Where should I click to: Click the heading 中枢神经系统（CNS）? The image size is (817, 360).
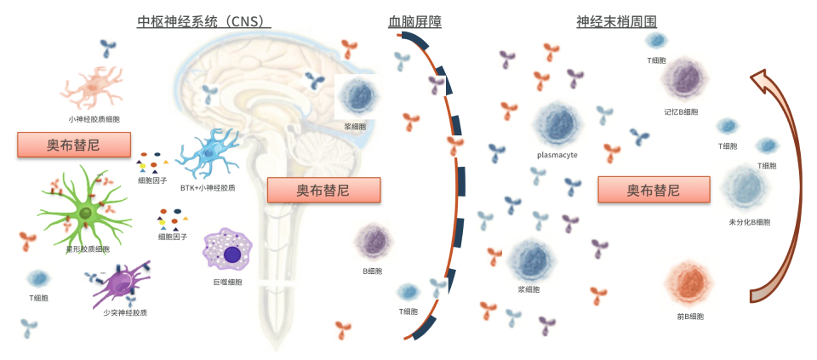(203, 21)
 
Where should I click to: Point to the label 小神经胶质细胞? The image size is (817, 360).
(94, 119)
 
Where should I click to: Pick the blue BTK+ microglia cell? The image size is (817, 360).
(209, 156)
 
